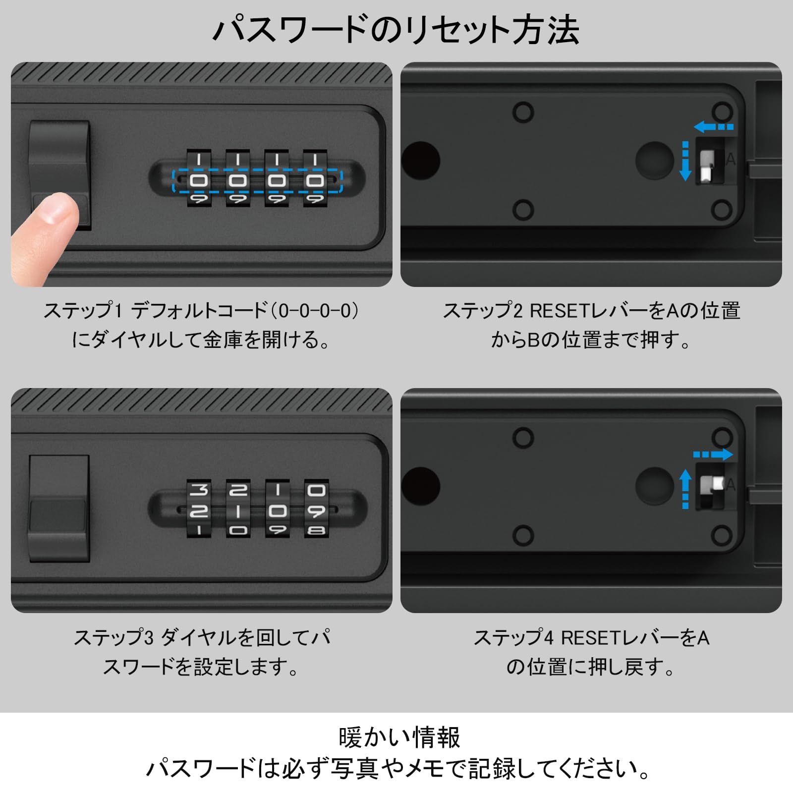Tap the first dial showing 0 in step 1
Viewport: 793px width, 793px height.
(199, 180)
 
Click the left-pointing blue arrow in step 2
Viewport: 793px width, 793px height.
(713, 127)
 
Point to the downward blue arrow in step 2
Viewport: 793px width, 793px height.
(685, 161)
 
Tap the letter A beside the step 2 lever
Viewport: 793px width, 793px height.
(730, 160)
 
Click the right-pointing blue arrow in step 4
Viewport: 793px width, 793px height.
(713, 454)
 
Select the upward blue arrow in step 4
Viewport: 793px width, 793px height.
(685, 489)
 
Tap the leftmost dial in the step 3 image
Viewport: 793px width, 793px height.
(199, 509)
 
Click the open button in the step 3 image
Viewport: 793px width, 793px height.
(59, 509)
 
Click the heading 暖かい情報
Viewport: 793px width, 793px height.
(399, 737)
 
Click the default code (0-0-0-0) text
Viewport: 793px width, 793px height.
(317, 311)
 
